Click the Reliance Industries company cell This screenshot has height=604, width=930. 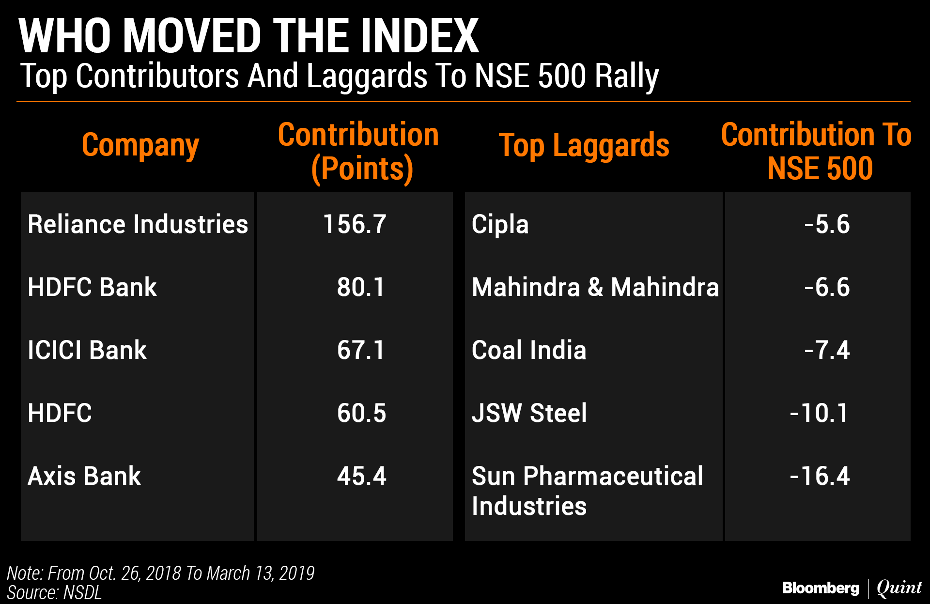(x=138, y=224)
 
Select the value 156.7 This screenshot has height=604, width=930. (x=355, y=224)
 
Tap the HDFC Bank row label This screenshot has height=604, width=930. (x=92, y=287)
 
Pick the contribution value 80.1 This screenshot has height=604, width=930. (x=361, y=287)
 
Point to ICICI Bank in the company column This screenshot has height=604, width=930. (x=87, y=350)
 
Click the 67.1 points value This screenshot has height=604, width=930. (x=361, y=350)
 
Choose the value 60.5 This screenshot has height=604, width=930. (x=361, y=413)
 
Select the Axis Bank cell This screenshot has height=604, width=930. (x=84, y=476)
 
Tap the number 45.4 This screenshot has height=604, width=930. (x=361, y=476)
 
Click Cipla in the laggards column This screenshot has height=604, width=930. (x=500, y=224)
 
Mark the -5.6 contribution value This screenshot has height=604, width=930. (x=827, y=224)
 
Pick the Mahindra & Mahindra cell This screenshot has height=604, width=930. (x=595, y=287)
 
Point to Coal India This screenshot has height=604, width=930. (x=529, y=350)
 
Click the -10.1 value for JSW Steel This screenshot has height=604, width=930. (x=819, y=413)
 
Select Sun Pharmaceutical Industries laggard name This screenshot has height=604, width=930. (x=587, y=491)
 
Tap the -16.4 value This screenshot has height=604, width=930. (x=820, y=476)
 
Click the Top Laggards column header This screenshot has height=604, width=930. (x=584, y=145)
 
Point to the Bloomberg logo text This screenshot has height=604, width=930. (x=821, y=588)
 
